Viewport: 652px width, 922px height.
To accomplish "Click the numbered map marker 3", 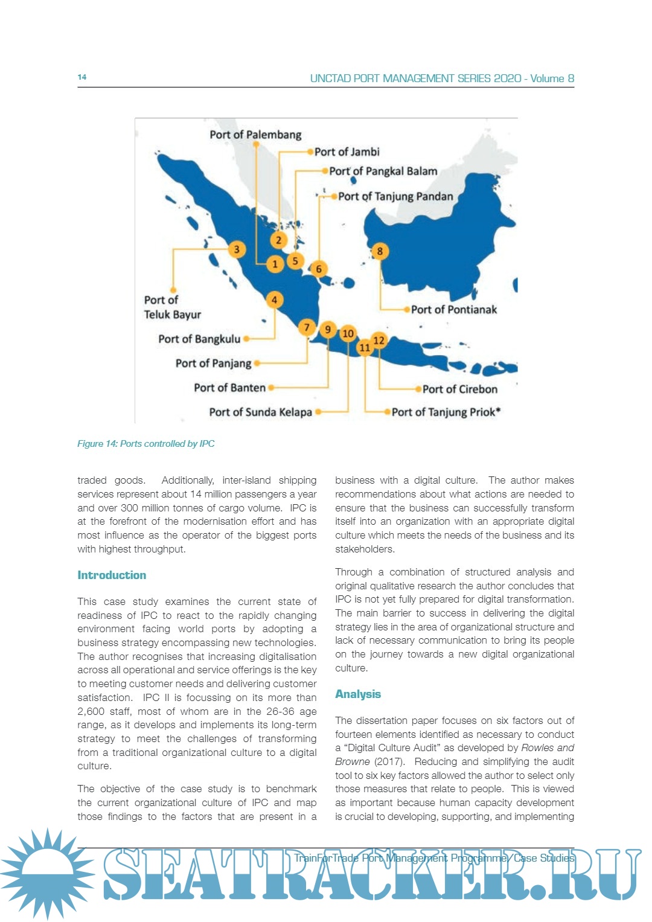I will pos(237,249).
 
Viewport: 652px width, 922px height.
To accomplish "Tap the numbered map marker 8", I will pos(380,251).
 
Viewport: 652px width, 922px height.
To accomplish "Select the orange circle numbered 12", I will pos(379,340).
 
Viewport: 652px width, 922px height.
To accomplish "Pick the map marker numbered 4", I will pos(274,299).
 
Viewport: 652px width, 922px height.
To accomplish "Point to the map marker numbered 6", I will pos(319,269).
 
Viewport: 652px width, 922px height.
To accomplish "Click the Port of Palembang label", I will pos(255,135).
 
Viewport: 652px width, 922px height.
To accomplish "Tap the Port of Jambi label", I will pos(347,152).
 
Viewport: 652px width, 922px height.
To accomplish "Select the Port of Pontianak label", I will pos(454,310).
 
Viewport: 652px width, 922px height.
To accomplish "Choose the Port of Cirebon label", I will pos(460,389).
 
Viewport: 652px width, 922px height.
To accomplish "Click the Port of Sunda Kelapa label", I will pos(260,412).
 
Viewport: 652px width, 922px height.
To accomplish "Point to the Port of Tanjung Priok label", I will pos(446,412).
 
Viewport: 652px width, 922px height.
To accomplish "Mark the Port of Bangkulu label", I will pos(199,339).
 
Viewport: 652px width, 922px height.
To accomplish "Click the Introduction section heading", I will pos(112,575).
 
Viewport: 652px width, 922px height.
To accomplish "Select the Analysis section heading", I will pos(358,694).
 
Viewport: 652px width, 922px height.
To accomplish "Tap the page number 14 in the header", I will pos(82,77).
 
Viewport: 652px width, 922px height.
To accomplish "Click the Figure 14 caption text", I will pos(145,444).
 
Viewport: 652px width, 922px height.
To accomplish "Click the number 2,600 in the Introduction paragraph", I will pos(91,711).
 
